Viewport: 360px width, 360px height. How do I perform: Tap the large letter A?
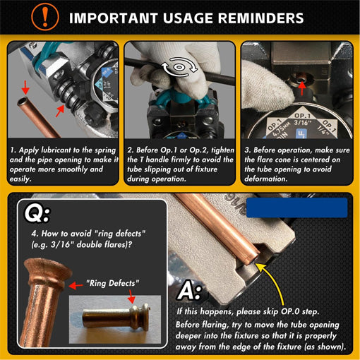pos(191,292)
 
